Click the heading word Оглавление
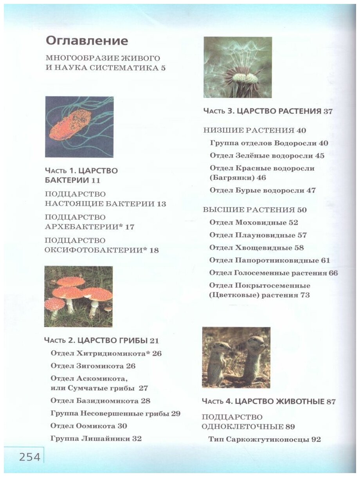tap(86, 41)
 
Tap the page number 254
tap(30, 457)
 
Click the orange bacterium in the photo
tap(70, 125)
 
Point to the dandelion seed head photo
tap(238, 67)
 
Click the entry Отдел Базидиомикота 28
tap(101, 401)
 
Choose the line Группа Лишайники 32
tap(96, 438)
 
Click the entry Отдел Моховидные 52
tap(254, 222)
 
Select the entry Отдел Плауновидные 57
tap(258, 235)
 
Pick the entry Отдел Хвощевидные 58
tap(257, 247)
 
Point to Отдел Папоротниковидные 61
tap(270, 260)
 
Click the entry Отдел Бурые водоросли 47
tap(263, 190)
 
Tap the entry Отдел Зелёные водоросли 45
tap(267, 155)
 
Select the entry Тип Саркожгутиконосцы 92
tap(265, 439)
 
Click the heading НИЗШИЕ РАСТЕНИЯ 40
tap(255, 130)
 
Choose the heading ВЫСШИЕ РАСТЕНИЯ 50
tap(255, 210)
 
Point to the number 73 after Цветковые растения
tap(305, 295)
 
